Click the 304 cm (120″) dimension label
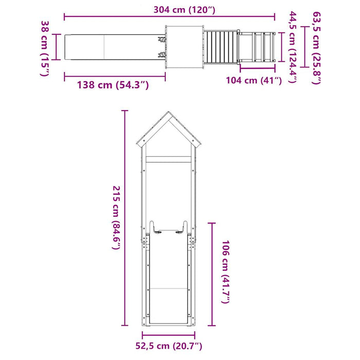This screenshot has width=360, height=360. pyautogui.click(x=184, y=9)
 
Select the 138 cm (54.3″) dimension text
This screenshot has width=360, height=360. pyautogui.click(x=113, y=85)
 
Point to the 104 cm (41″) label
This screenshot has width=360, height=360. pyautogui.click(x=254, y=80)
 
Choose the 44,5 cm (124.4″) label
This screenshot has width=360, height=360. pyautogui.click(x=292, y=47)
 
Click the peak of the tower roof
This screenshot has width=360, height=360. pyautogui.click(x=169, y=113)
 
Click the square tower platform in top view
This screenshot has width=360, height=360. pyautogui.click(x=185, y=48)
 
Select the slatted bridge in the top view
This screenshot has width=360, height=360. pyautogui.click(x=221, y=48)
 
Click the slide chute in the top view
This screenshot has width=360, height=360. pyautogui.click(x=108, y=48)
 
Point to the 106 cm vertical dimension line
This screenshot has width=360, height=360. pyautogui.click(x=211, y=273)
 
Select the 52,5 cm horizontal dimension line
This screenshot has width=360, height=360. pyautogui.click(x=169, y=334)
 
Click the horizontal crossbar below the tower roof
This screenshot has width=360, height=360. pyautogui.click(x=169, y=160)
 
